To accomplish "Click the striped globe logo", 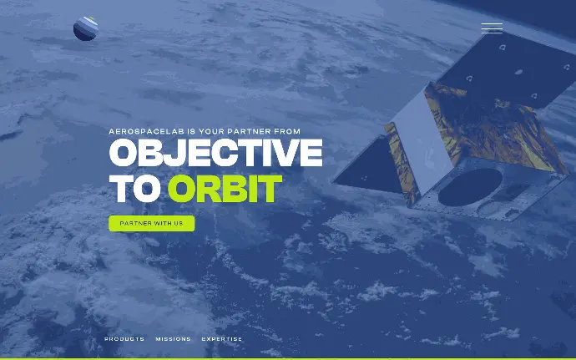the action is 86,28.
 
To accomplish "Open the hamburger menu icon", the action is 492,28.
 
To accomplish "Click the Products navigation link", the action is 124,339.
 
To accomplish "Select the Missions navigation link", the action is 173,339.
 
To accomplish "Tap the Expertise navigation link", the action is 222,339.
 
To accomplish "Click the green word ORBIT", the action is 225,189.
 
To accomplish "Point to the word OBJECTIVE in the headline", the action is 216,153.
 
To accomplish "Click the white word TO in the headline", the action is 135,189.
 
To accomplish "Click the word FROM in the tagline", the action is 287,131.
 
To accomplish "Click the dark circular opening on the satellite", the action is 470,187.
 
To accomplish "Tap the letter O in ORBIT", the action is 183,189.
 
